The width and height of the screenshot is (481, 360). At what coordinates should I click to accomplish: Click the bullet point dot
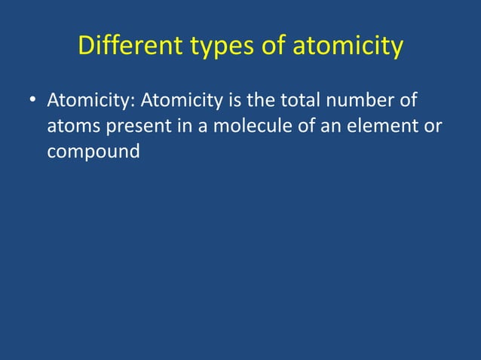pyautogui.click(x=33, y=100)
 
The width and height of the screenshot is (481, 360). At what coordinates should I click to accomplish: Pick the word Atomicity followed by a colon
pyautogui.click(x=91, y=100)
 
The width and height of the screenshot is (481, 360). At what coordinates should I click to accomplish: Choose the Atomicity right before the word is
pyautogui.click(x=179, y=100)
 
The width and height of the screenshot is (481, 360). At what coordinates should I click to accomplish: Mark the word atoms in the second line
pyautogui.click(x=70, y=126)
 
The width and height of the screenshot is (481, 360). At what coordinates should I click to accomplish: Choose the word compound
pyautogui.click(x=93, y=151)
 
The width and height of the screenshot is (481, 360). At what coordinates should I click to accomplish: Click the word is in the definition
pyautogui.click(x=229, y=100)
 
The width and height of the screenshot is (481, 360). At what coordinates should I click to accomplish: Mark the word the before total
pyautogui.click(x=254, y=100)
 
